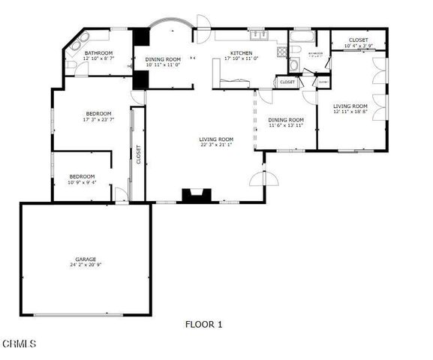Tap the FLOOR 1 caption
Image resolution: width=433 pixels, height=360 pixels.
point(203,325)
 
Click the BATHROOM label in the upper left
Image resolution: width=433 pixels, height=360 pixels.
point(98,52)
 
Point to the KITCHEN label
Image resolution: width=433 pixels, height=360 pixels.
point(242,52)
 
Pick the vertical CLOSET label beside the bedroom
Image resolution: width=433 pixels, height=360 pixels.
point(138,154)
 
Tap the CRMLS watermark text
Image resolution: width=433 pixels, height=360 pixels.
point(20,344)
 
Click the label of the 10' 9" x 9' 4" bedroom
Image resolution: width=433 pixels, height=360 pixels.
point(82,176)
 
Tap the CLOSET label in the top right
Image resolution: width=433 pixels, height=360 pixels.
point(357,40)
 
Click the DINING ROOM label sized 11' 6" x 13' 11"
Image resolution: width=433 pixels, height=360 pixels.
point(286,119)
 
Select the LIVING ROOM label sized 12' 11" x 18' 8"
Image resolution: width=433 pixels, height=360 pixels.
point(350,106)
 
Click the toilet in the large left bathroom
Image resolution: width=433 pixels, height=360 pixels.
point(71,64)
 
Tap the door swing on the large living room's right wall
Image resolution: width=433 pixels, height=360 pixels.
point(267,178)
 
